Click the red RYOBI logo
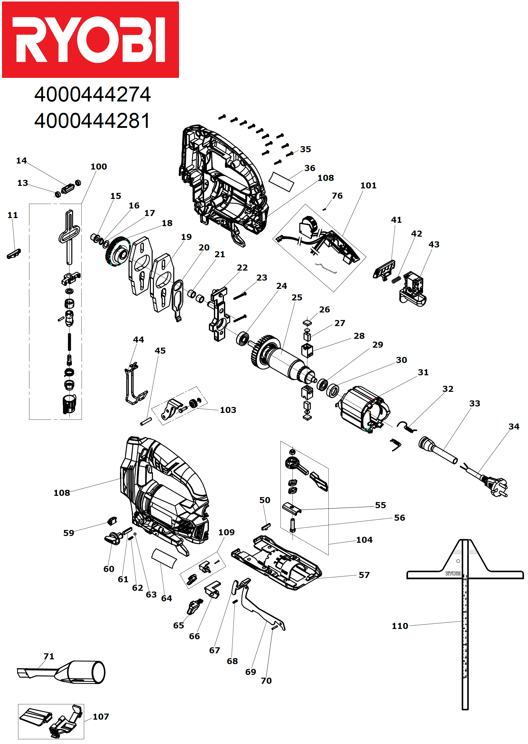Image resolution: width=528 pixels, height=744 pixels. pos(90,40)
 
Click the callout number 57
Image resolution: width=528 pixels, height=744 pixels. pos(364,575)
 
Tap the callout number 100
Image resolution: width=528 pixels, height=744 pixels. pos(98,167)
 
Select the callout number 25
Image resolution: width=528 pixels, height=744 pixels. pos(297,298)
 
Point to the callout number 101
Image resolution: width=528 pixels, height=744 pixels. pos(368,186)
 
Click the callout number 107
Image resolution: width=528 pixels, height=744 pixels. pos(101,717)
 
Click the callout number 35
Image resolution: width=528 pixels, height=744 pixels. pos(305,149)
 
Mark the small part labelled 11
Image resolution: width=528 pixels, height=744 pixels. pos(14,254)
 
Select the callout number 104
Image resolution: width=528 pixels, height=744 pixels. pos(364,540)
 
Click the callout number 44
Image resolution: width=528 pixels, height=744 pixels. pos(139,340)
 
